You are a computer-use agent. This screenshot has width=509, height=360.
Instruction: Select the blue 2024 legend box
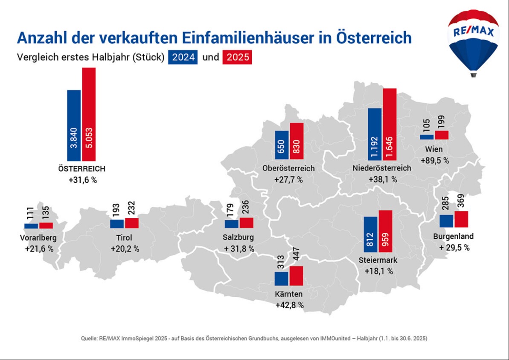[x=183, y=57]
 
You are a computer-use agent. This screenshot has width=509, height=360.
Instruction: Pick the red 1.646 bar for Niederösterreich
[x=390, y=124]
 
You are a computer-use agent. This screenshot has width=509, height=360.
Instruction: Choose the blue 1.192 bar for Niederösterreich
[x=375, y=134]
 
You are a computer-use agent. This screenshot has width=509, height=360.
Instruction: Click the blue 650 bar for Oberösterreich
[x=282, y=145]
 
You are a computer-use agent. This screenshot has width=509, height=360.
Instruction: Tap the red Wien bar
[x=442, y=135]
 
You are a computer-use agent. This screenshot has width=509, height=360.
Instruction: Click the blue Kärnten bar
[x=282, y=278]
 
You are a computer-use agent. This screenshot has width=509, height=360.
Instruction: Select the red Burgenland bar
[x=461, y=219]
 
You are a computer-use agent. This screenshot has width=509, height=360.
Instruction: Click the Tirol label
[x=124, y=238]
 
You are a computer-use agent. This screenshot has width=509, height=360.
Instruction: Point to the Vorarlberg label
[x=38, y=238]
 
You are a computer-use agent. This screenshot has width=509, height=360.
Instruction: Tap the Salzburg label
[x=238, y=237]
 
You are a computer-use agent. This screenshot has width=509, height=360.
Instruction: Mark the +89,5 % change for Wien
[x=435, y=161]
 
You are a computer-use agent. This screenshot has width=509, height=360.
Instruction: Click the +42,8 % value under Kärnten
[x=289, y=305]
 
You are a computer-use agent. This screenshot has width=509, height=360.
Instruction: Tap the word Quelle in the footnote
[x=90, y=338]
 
